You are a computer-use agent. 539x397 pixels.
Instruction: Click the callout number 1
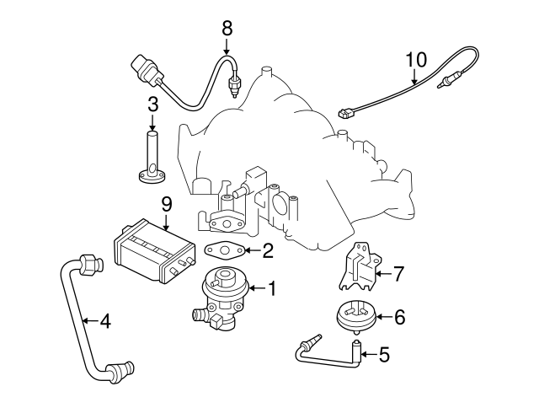click(272, 289)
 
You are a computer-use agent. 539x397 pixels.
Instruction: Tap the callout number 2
click(268, 250)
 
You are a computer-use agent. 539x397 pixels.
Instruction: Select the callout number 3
click(152, 105)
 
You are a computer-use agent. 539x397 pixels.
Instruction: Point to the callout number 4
click(104, 320)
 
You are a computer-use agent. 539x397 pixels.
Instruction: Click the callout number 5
click(385, 354)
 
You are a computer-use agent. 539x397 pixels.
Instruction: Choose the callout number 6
click(399, 317)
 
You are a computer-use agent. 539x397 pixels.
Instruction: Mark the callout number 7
click(399, 272)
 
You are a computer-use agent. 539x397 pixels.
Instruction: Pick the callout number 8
click(227, 28)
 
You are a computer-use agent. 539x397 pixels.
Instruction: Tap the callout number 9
click(166, 203)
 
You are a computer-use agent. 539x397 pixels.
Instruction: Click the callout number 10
click(416, 60)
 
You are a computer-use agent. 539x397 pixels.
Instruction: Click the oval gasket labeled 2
click(222, 250)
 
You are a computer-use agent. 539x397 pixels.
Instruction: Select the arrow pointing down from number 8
click(227, 45)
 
